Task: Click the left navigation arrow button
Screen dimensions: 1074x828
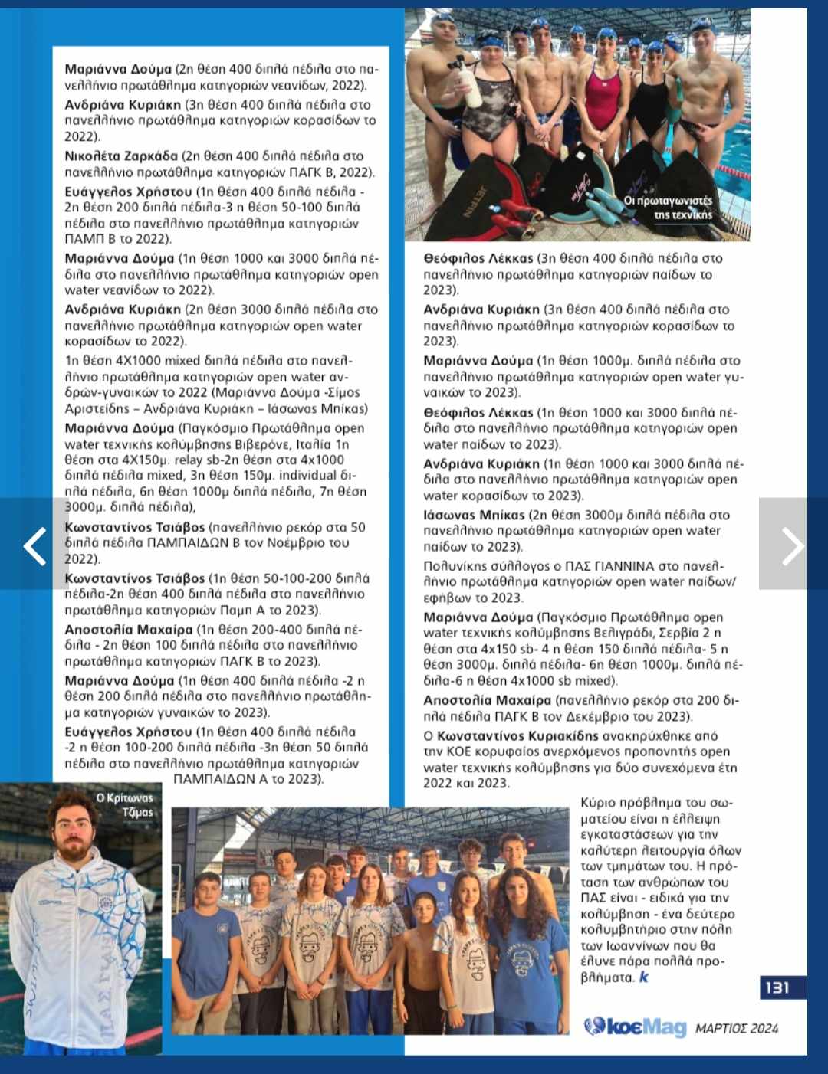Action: tap(34, 545)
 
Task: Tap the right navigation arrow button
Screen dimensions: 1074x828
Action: tap(792, 545)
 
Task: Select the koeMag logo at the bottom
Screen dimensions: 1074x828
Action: tap(635, 1027)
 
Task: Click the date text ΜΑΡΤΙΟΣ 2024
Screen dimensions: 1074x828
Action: tap(737, 1028)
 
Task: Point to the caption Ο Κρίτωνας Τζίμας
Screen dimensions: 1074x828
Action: tap(125, 804)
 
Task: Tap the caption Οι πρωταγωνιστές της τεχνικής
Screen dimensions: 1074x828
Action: tap(668, 208)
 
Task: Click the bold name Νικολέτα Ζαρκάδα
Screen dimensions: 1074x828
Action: tap(121, 156)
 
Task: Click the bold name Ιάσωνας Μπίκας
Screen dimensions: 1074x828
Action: tap(474, 515)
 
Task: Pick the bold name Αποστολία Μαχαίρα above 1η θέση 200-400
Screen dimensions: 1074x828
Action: tap(129, 630)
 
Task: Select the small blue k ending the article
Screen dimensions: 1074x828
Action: tap(643, 977)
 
